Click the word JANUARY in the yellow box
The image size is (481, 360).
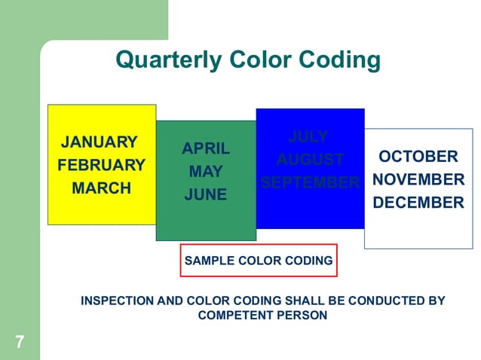(x=100, y=142)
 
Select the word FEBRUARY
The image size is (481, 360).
(x=101, y=165)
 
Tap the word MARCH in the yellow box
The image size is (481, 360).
(x=101, y=188)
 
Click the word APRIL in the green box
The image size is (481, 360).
(x=206, y=148)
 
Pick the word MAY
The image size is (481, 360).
(x=206, y=172)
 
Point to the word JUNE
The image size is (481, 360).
(x=206, y=195)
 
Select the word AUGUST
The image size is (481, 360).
(x=310, y=160)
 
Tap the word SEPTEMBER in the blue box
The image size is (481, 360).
(x=310, y=183)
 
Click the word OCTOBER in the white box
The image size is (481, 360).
(x=418, y=157)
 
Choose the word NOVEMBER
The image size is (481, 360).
(x=418, y=180)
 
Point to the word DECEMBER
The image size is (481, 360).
(x=418, y=203)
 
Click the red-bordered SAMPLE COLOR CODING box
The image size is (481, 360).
(x=259, y=261)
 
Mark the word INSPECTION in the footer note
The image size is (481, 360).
(x=116, y=301)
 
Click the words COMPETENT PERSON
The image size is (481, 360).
(x=262, y=316)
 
